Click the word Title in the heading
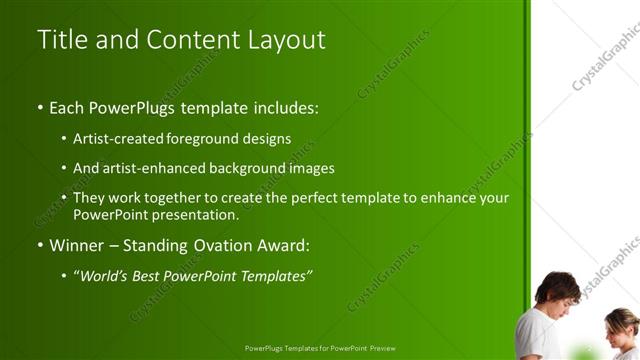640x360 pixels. [58, 40]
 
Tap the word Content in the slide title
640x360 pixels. [191, 40]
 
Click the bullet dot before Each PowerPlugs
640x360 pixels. [40, 107]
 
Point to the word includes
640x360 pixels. [284, 107]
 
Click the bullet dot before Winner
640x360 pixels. [40, 245]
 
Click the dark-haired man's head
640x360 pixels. [557, 289]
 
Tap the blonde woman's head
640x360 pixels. [621, 321]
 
